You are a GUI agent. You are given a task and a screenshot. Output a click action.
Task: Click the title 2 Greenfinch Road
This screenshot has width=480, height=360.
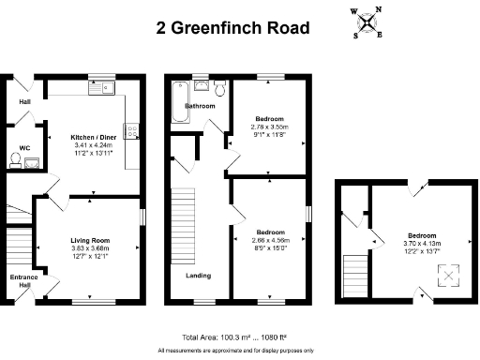pos(232,27)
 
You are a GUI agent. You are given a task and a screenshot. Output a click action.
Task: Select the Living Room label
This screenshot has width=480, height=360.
pos(90,240)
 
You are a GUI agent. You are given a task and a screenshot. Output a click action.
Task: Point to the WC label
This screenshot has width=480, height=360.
pos(23,148)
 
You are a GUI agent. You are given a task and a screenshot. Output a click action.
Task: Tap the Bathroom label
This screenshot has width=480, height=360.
pos(199,107)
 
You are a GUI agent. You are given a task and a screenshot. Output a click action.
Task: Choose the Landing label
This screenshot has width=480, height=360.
pos(198,276)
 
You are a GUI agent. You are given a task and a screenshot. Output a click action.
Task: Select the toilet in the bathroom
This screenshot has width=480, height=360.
pos(218,89)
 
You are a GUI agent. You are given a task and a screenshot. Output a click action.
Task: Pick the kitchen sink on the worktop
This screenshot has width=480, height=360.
pos(99,89)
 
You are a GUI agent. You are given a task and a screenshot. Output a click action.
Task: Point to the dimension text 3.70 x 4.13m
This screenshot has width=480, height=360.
pos(421,243)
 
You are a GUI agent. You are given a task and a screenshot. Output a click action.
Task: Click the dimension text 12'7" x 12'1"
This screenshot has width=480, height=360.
pos(90,256)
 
